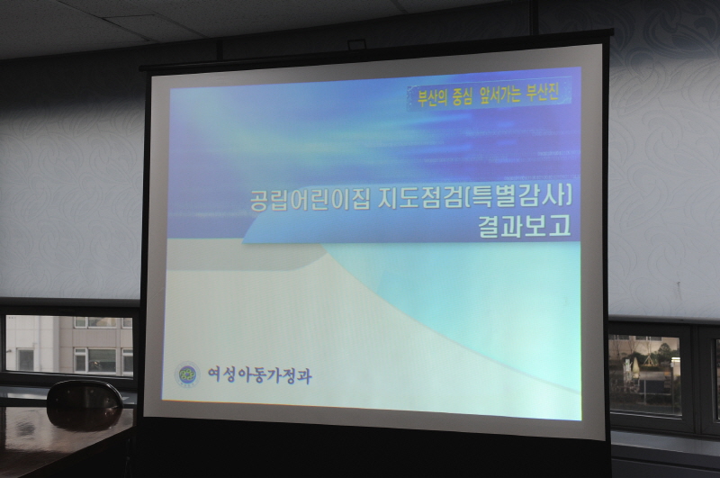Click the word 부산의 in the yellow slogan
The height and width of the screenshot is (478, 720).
tap(428, 94)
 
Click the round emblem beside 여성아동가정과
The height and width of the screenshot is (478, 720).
tap(187, 374)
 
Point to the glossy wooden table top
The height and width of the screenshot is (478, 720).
tap(54, 441)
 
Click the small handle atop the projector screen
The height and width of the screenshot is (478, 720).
tap(357, 44)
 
